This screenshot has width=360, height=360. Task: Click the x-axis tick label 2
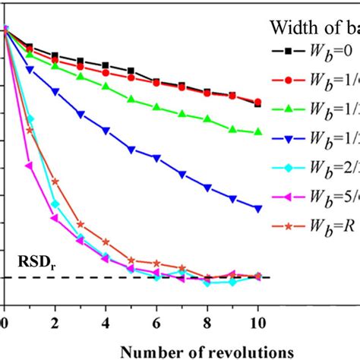pyautogui.click(x=55, y=322)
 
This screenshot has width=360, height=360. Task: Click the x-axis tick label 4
pyautogui.click(x=106, y=322)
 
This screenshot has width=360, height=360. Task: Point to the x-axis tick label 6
pyautogui.click(x=156, y=322)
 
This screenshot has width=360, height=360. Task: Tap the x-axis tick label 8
pyautogui.click(x=207, y=322)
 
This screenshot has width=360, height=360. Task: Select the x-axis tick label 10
pyautogui.click(x=258, y=322)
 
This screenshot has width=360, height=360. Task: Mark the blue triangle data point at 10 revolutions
pyautogui.click(x=258, y=208)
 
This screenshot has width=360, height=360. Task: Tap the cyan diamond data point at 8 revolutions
pyautogui.click(x=207, y=283)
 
